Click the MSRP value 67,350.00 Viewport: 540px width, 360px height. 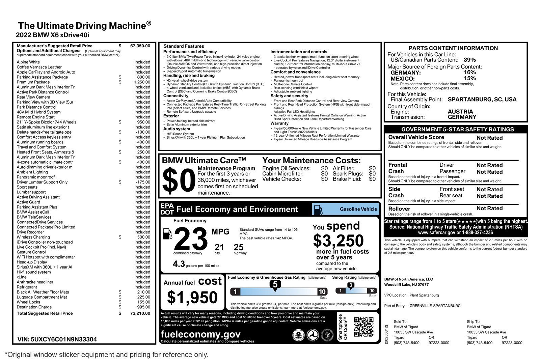[x=140, y=46]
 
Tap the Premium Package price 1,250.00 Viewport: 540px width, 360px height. [x=142, y=82]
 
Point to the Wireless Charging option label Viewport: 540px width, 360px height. [x=33, y=237]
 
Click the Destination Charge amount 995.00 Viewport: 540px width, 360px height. [x=143, y=307]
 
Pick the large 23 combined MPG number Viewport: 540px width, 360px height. [x=191, y=240]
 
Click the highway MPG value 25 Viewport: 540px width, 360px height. [x=239, y=247]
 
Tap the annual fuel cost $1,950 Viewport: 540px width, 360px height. [x=192, y=297]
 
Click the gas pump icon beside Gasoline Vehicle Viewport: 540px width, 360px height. [x=318, y=209]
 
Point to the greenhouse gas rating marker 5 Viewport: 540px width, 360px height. [x=275, y=284]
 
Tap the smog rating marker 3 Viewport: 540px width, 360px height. [x=351, y=285]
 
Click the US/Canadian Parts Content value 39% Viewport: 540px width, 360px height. [x=469, y=60]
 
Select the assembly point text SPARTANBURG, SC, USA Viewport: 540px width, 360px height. [x=482, y=100]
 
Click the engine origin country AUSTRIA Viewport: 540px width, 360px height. [x=460, y=112]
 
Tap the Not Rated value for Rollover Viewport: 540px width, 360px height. [x=489, y=209]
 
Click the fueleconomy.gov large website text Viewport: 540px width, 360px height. [x=201, y=334]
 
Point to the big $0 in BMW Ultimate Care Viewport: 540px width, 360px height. [x=179, y=181]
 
